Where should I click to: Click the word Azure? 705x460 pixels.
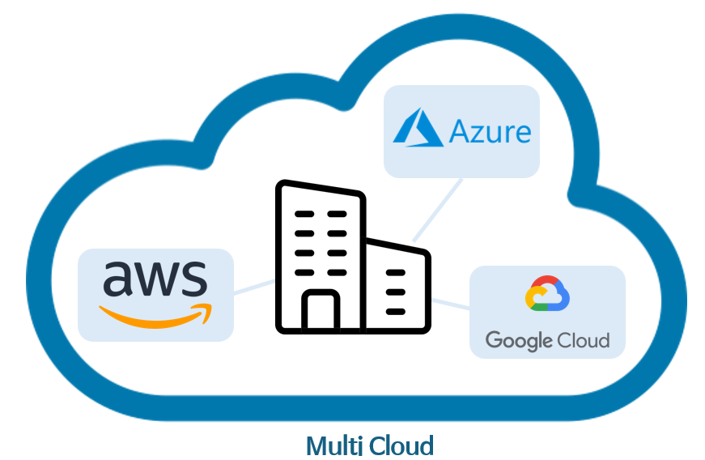click(x=491, y=131)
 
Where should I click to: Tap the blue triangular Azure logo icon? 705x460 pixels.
click(x=418, y=130)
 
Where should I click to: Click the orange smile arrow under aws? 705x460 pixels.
click(x=154, y=314)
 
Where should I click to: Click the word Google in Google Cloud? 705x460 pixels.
click(x=514, y=340)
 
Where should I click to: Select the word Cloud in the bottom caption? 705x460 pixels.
click(x=401, y=445)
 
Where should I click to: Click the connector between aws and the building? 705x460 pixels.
click(x=254, y=285)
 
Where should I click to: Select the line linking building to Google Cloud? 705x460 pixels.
click(x=450, y=304)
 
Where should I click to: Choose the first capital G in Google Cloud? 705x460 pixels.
click(x=494, y=339)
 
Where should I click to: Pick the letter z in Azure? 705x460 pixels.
click(x=482, y=134)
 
